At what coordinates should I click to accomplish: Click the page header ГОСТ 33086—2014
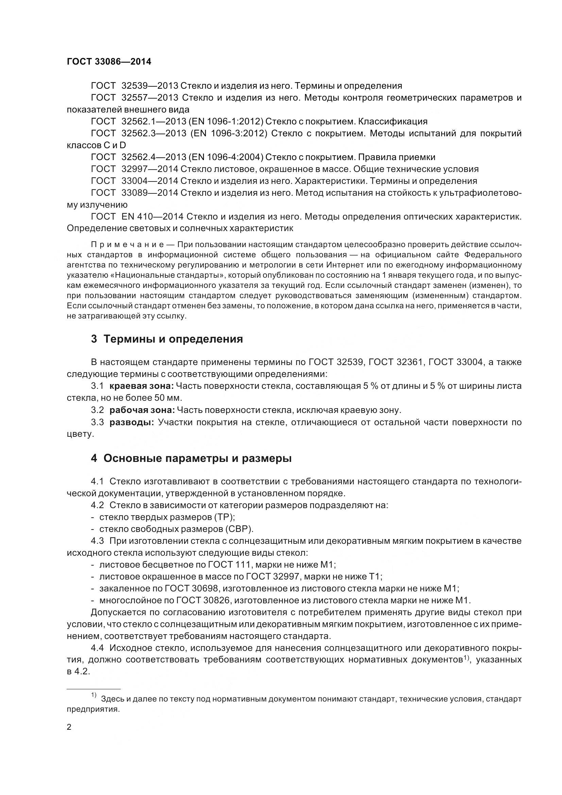[x=109, y=62]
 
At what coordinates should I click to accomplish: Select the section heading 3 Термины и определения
[x=167, y=339]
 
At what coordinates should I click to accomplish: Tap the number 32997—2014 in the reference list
[x=150, y=169]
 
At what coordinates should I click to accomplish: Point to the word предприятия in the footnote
[x=93, y=709]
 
